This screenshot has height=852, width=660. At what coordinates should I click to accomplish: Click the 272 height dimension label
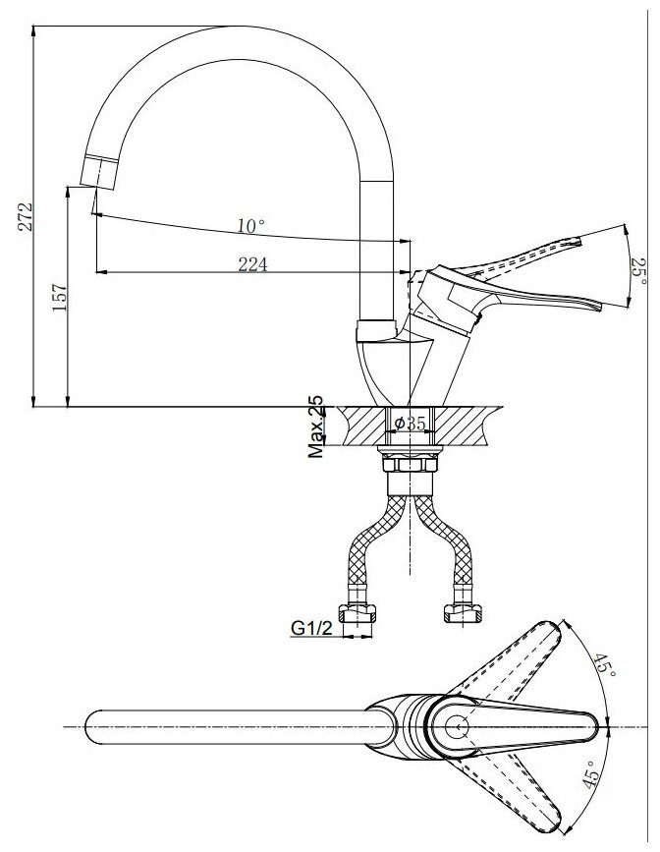26,217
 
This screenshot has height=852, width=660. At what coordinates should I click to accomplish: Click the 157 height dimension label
59,297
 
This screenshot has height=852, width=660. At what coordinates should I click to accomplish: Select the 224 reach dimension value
253,262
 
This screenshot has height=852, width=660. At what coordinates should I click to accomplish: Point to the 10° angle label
251,226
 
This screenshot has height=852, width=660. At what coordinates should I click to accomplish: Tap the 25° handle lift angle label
638,266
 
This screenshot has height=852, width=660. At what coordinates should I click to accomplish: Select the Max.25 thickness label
317,428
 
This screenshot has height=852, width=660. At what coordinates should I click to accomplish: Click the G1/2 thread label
308,625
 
